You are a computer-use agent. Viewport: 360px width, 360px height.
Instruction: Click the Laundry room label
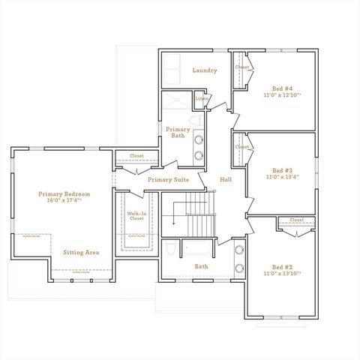coord(204,70)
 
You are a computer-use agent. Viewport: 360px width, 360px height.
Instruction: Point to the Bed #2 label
coord(282,267)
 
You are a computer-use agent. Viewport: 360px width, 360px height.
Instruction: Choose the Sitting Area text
coord(81,252)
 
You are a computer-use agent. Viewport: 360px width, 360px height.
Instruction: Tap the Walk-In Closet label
coord(136,216)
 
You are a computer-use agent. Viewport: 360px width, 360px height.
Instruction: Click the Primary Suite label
coord(168,180)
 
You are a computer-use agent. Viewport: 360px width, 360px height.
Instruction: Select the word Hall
coord(226,180)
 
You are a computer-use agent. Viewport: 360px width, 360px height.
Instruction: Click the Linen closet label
coord(202,98)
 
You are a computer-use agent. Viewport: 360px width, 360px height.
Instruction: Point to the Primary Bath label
coord(178,132)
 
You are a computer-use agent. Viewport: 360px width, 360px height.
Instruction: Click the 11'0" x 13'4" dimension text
coord(282,178)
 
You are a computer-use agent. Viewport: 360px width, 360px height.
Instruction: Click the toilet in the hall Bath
coord(169,249)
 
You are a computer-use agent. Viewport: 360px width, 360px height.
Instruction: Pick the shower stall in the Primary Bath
coord(177,101)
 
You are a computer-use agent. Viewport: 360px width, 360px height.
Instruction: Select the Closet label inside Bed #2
coord(295,220)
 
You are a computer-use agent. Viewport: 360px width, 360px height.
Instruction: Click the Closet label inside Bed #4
coord(241,67)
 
